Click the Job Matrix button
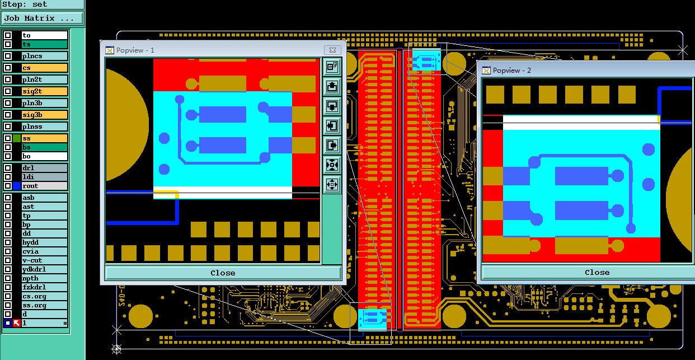click(x=43, y=18)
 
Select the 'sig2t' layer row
click(x=45, y=91)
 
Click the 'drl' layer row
click(x=45, y=168)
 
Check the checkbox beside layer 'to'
click(x=8, y=35)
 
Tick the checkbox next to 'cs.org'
click(x=8, y=296)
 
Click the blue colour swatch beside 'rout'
click(x=17, y=186)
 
